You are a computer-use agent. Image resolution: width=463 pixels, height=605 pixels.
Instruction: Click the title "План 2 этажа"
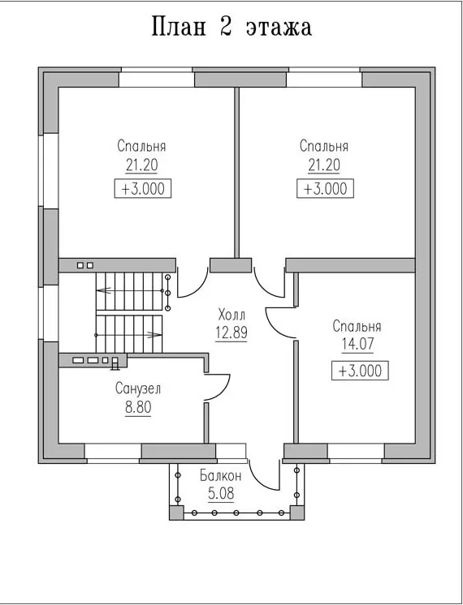pyautogui.click(x=231, y=27)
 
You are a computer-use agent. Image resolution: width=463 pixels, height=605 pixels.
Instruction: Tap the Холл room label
pyautogui.click(x=231, y=315)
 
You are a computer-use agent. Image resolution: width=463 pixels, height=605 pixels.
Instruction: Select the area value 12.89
pyautogui.click(x=231, y=333)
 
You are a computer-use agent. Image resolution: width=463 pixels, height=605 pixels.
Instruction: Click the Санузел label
pyautogui.click(x=138, y=389)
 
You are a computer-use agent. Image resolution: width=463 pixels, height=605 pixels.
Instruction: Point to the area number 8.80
pyautogui.click(x=138, y=407)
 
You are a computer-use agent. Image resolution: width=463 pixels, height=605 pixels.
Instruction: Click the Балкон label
pyautogui.click(x=221, y=476)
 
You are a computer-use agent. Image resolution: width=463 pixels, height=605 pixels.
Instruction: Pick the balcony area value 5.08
pyautogui.click(x=221, y=494)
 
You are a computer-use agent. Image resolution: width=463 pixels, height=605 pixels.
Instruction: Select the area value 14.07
pyautogui.click(x=357, y=343)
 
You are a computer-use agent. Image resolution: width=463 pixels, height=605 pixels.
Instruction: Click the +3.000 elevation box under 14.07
pyautogui.click(x=360, y=371)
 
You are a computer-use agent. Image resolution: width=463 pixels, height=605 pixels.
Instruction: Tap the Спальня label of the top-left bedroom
pyautogui.click(x=141, y=147)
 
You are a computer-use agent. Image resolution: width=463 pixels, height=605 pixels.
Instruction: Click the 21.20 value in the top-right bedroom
pyautogui.click(x=324, y=165)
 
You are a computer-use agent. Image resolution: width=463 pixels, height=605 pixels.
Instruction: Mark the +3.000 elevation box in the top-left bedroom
pyautogui.click(x=143, y=189)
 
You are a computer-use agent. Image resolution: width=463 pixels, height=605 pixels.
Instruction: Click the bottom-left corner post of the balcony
pyautogui.click(x=176, y=513)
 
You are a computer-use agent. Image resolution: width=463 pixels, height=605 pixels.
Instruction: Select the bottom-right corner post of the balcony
pyautogui.click(x=297, y=513)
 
